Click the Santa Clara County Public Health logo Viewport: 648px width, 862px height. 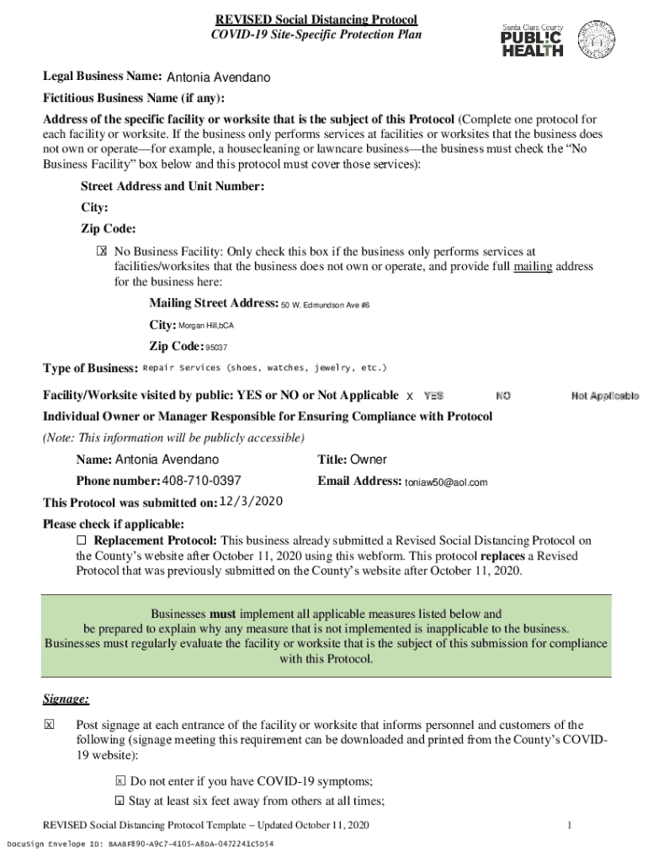point(532,40)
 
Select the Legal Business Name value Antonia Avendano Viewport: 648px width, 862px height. point(219,78)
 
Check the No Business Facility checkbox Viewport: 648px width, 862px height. point(102,251)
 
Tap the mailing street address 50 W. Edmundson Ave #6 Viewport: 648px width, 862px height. point(326,305)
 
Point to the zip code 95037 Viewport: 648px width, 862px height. point(216,347)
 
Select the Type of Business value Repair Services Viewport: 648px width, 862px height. point(265,368)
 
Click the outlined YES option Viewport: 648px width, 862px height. point(433,396)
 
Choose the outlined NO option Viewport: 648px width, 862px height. point(503,396)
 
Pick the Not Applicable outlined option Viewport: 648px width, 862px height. point(604,396)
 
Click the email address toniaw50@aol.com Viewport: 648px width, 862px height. point(446,482)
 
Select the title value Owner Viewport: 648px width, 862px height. point(369,460)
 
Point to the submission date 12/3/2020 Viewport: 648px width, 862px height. point(250,502)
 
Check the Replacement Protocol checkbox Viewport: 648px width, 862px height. point(82,540)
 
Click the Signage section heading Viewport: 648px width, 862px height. point(66,699)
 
